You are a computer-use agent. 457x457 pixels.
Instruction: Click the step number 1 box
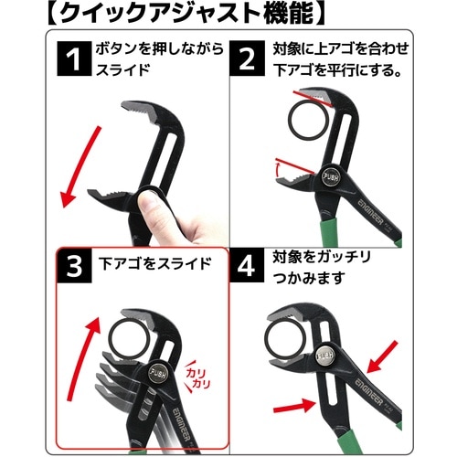click(x=74, y=58)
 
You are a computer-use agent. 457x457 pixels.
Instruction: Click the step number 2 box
click(x=247, y=58)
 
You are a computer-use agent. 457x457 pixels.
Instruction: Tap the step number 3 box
click(x=74, y=266)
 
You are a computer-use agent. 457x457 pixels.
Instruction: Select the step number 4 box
click(x=247, y=266)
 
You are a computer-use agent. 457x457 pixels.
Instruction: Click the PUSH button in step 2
click(x=331, y=176)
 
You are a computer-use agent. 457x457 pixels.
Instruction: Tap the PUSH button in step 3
click(x=158, y=374)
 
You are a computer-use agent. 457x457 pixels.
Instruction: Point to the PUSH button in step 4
click(x=325, y=356)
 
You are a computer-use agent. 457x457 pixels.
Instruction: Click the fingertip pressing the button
click(x=149, y=204)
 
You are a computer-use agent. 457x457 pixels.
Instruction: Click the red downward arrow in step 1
click(x=80, y=166)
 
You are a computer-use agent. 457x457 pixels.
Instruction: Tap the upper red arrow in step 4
click(x=383, y=357)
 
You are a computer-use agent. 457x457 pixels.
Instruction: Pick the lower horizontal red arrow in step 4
click(x=294, y=407)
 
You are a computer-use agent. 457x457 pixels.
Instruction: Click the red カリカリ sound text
click(x=198, y=377)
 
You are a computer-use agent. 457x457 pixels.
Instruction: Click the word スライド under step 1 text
click(x=123, y=70)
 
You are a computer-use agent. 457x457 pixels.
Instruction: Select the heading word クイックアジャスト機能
click(x=186, y=14)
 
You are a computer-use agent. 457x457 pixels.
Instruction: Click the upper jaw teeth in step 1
click(x=139, y=112)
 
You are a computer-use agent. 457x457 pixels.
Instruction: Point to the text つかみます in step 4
click(x=309, y=278)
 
